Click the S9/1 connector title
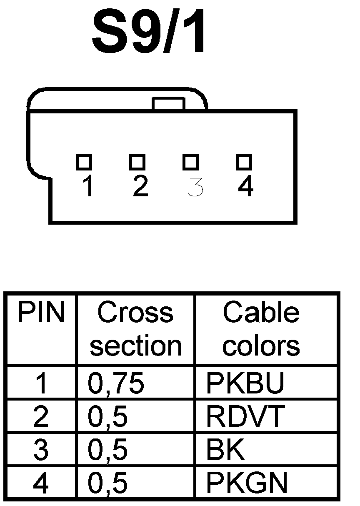pos(149,33)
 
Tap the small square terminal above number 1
pos(84,162)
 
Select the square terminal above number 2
pos(137,162)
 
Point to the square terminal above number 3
pos(190,162)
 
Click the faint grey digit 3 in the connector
pos(195,187)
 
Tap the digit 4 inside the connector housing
pos(245,187)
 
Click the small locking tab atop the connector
pos(168,104)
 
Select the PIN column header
pos(41,313)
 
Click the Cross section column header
pos(135,329)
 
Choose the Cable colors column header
pos(261,329)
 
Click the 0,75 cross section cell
pos(116,383)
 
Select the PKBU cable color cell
pos(245,383)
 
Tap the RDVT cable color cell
pos(245,416)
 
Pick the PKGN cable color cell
pos(247,483)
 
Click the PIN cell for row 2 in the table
pos(40,416)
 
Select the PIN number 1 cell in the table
pos(41,383)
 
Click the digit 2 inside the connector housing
pos(140,187)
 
